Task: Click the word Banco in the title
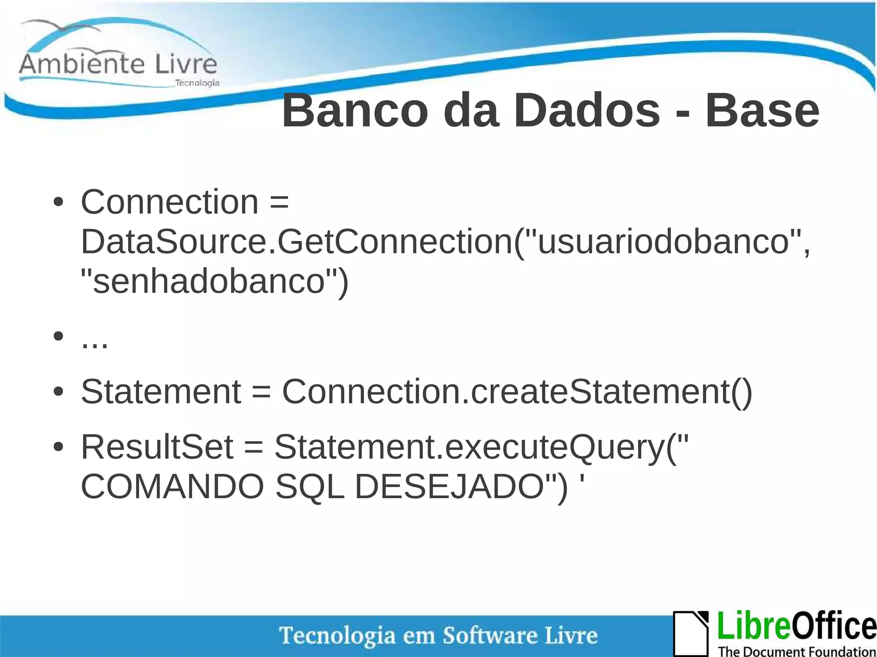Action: coord(355,111)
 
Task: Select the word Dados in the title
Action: coord(587,111)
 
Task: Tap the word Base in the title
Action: coord(762,111)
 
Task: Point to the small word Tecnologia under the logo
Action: coord(197,83)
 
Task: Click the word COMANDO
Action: coord(172,487)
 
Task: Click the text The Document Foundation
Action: coord(796,651)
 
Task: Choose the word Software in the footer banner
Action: coord(489,635)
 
